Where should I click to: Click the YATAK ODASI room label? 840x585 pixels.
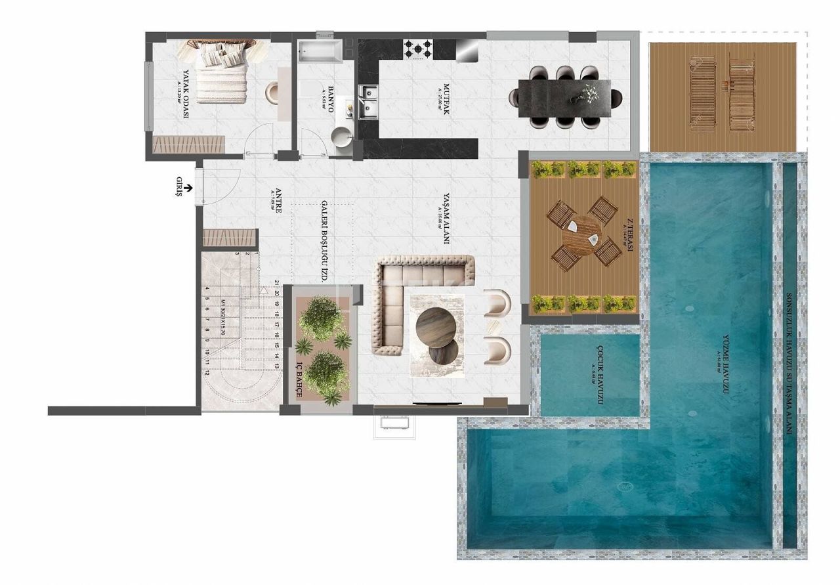(x=186, y=94)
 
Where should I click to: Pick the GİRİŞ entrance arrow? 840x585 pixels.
(x=188, y=188)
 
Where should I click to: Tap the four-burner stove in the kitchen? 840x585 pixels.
(x=418, y=49)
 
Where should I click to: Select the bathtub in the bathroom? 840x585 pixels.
(x=320, y=53)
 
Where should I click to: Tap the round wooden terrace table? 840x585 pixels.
(x=583, y=235)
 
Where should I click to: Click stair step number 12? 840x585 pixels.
(x=207, y=372)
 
